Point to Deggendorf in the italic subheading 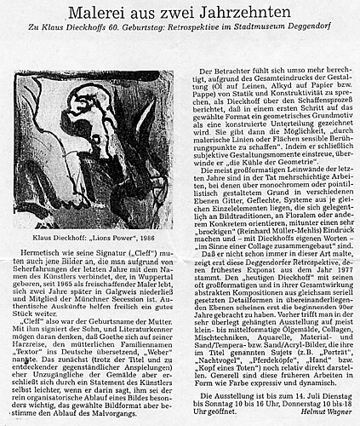point(317,34)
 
